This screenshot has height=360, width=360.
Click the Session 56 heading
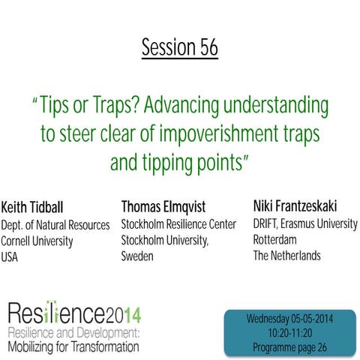point(179,49)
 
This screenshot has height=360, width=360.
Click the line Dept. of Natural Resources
point(55,224)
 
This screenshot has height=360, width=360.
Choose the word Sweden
point(137,256)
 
